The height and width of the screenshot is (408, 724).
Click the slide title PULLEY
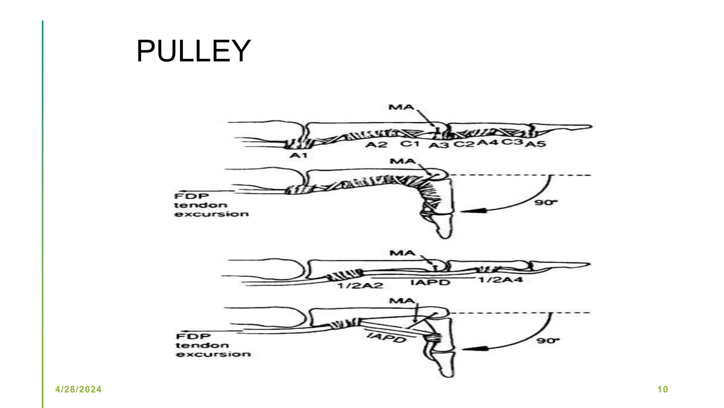pyautogui.click(x=193, y=51)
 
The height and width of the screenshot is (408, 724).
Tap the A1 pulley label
pyautogui.click(x=299, y=155)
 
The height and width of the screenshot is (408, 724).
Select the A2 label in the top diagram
pyautogui.click(x=376, y=144)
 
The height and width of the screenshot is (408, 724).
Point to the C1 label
pyautogui.click(x=410, y=144)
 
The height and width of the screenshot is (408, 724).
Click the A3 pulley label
pyautogui.click(x=439, y=145)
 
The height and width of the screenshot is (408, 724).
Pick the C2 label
pyautogui.click(x=464, y=144)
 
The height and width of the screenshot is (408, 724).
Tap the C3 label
pyautogui.click(x=513, y=142)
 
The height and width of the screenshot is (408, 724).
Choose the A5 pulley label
pyautogui.click(x=536, y=144)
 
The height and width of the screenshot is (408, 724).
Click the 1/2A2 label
pyautogui.click(x=361, y=285)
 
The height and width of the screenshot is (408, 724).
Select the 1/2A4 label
pyautogui.click(x=501, y=280)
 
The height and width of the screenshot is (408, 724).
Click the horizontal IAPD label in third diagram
pyautogui.click(x=430, y=283)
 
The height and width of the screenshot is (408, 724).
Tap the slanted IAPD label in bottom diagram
pyautogui.click(x=386, y=338)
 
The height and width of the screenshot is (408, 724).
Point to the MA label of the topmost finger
pyautogui.click(x=401, y=107)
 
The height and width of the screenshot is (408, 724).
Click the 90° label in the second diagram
pyautogui.click(x=546, y=203)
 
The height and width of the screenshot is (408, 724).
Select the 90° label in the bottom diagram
pyautogui.click(x=548, y=341)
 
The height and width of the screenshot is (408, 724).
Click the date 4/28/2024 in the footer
pyautogui.click(x=78, y=390)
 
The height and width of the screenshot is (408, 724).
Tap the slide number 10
pyautogui.click(x=662, y=390)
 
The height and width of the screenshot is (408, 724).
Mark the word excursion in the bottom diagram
pyautogui.click(x=214, y=354)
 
